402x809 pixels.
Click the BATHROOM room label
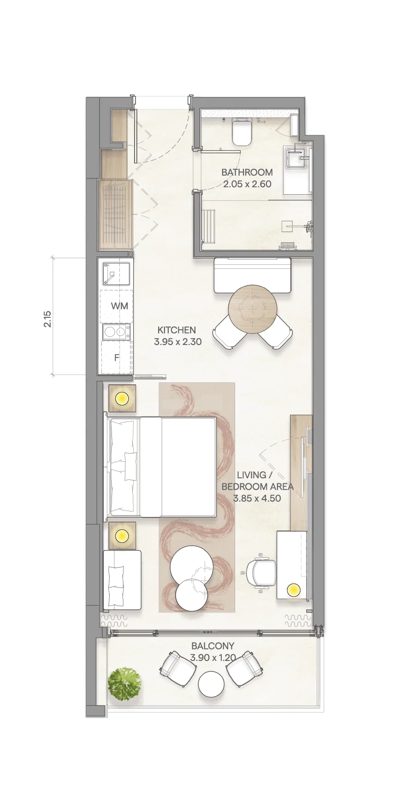click(247, 173)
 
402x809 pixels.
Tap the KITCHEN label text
click(177, 330)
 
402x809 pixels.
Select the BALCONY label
click(213, 646)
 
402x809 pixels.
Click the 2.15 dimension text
click(48, 319)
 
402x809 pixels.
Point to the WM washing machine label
click(119, 306)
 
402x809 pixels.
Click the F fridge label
click(117, 357)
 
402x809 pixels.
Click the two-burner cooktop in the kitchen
click(116, 332)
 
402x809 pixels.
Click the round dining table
click(253, 309)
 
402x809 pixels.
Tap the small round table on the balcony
click(212, 684)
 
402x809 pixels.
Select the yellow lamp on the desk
click(293, 589)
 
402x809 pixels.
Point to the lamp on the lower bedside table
click(122, 536)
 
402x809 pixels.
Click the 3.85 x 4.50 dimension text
click(257, 498)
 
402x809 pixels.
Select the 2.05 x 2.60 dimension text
click(247, 184)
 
